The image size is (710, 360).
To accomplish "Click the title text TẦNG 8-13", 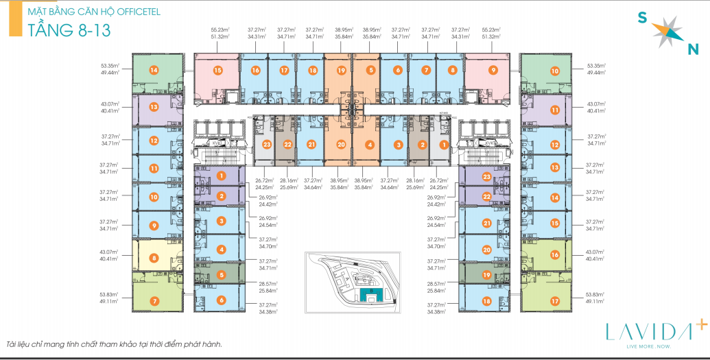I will pyautogui.click(x=66, y=29).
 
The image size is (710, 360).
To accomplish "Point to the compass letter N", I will pyautogui.click(x=692, y=48).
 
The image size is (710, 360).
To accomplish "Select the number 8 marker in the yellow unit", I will pyautogui.click(x=154, y=259).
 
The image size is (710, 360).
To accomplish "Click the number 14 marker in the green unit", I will pyautogui.click(x=154, y=70).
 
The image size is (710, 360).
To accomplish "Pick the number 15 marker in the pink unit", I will pyautogui.click(x=217, y=70).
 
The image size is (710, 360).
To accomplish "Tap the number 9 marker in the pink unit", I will pyautogui.click(x=493, y=70).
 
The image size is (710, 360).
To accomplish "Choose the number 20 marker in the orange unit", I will pyautogui.click(x=340, y=145).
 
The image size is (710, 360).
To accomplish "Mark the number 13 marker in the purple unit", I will pyautogui.click(x=154, y=107).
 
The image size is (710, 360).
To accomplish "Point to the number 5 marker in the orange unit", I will pyautogui.click(x=370, y=70).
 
